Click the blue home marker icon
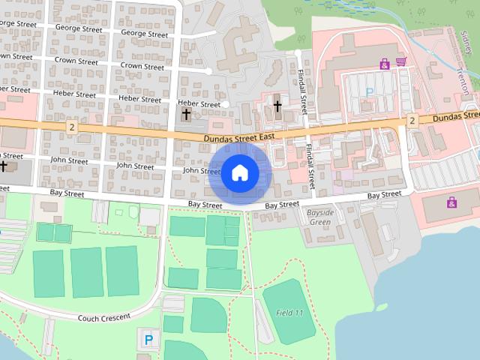(240, 172)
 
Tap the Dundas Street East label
(239, 137)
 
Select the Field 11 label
(289, 312)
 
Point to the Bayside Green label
(320, 217)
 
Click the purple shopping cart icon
(401, 62)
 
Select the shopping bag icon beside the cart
(385, 64)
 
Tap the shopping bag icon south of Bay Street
(451, 202)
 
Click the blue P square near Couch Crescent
(148, 340)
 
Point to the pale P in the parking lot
(368, 91)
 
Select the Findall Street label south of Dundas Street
(310, 161)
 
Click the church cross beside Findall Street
(277, 106)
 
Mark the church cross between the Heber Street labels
(186, 115)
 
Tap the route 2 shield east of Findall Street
(412, 121)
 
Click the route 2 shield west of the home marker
(70, 127)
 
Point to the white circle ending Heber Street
(226, 104)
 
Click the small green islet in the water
(383, 306)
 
